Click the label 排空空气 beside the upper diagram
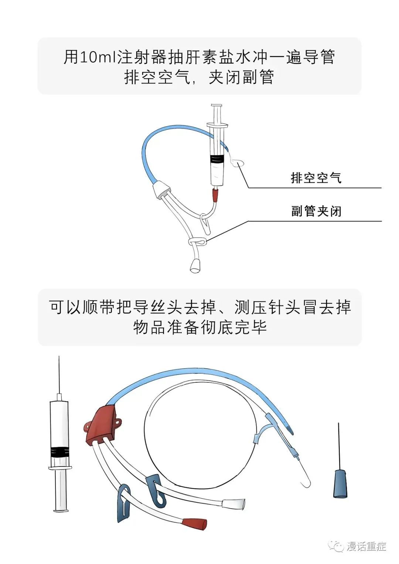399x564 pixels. tap(316, 178)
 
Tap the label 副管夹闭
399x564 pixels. tap(316, 211)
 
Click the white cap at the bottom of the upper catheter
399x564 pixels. tap(195, 267)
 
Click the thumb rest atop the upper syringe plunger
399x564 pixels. tap(217, 106)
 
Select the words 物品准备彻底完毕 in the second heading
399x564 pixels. tap(200, 327)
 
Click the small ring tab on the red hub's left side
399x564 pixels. tap(87, 425)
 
